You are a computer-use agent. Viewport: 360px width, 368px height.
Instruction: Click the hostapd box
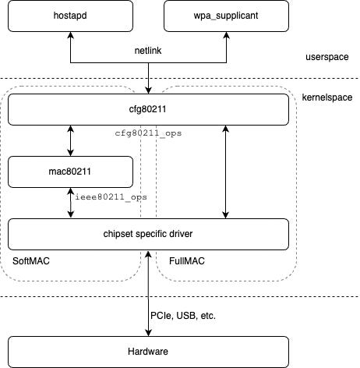coord(71,16)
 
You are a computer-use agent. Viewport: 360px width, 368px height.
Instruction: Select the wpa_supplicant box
coord(226,16)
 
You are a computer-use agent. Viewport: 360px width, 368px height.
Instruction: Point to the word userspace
coord(326,58)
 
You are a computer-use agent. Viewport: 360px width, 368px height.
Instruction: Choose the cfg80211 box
coord(148,110)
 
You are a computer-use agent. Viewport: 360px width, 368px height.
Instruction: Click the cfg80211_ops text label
coord(148,133)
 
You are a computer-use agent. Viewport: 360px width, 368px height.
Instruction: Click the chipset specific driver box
coord(148,233)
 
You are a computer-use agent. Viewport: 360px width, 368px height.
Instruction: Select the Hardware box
coord(148,352)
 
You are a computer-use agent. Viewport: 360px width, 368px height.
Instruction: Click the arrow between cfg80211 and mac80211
coord(71,140)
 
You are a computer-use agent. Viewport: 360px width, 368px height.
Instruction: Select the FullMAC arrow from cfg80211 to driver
coord(226,172)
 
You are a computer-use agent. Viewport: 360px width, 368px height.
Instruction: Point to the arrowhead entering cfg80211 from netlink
coord(148,90)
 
